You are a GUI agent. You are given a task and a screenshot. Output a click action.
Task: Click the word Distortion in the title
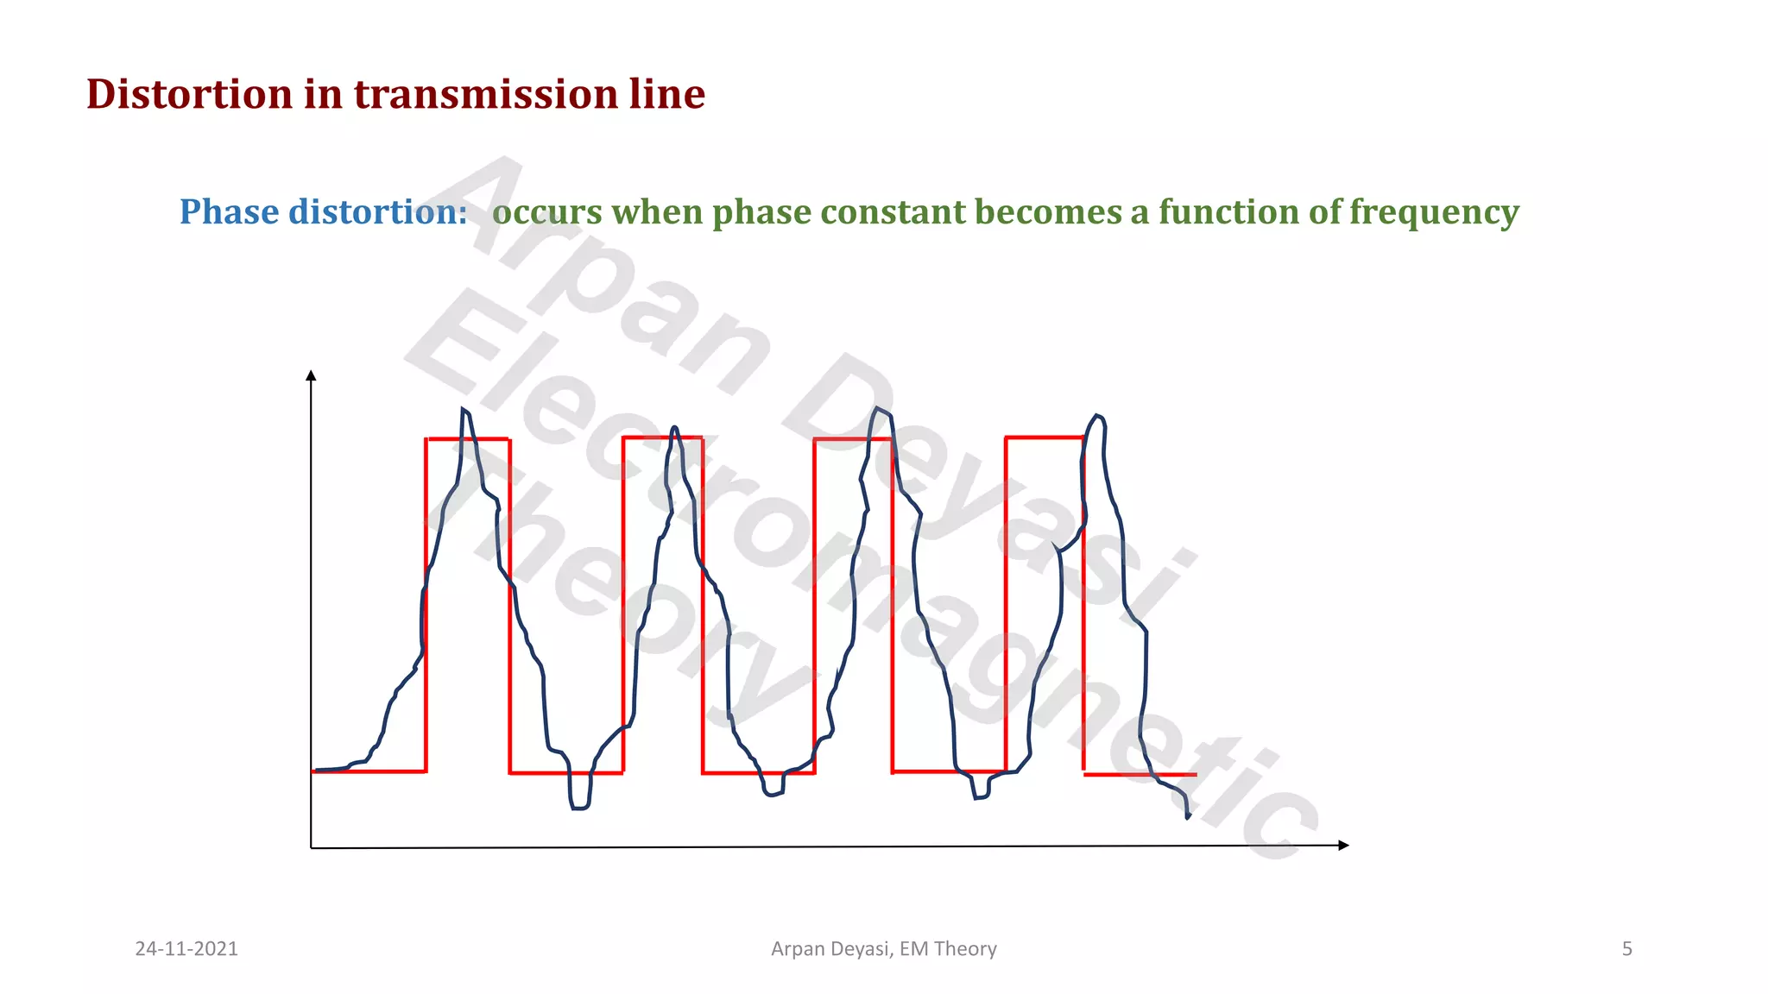[x=189, y=94]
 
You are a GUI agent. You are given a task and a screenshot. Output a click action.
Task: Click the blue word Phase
[x=229, y=212]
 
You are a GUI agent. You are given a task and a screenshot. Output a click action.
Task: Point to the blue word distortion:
[x=377, y=212]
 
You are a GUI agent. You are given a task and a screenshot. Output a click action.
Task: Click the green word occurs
[x=546, y=212]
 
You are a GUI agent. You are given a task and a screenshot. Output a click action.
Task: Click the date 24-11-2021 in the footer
[x=186, y=949]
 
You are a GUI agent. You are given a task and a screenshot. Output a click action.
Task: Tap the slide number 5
[x=1627, y=949]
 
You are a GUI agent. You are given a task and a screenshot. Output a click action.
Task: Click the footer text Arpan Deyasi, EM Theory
[x=883, y=949]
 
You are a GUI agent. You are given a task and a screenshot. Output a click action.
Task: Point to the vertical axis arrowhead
[x=312, y=375]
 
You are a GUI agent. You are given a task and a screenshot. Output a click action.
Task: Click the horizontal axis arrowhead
[x=1343, y=846]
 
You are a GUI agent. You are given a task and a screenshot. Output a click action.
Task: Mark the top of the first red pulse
[x=468, y=440]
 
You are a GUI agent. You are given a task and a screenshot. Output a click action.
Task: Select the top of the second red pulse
[x=662, y=437]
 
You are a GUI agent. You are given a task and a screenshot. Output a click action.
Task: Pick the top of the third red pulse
[x=853, y=439]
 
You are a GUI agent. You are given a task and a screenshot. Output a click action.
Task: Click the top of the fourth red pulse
[x=1045, y=438]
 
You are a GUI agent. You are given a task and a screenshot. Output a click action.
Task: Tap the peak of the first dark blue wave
[x=464, y=409]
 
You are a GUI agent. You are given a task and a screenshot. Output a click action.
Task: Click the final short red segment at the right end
[x=1140, y=775]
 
